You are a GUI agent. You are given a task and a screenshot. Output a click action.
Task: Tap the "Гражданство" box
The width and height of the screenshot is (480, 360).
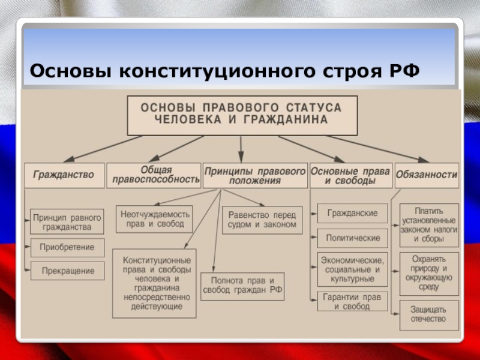tap(64, 175)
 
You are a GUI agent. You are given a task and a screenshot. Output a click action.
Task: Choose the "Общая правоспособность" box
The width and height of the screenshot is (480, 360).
tap(154, 175)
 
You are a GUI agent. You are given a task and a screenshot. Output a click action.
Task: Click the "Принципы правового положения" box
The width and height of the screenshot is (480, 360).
tap(255, 176)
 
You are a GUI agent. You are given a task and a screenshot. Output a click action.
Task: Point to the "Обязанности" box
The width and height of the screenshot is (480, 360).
tap(427, 175)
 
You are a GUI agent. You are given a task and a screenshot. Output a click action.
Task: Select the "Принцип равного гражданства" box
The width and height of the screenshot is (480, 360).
tap(67, 221)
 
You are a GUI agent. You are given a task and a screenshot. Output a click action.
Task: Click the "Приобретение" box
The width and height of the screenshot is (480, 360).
tap(67, 247)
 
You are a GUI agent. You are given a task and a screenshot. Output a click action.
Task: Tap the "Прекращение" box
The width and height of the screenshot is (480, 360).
tap(67, 271)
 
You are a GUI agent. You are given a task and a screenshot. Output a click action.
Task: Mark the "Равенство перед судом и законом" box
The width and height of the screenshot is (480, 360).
tap(262, 220)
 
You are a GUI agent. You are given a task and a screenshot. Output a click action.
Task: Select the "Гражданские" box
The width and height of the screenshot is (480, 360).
tap(352, 214)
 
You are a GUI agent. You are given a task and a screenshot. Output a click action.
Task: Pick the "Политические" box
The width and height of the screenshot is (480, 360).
tap(352, 238)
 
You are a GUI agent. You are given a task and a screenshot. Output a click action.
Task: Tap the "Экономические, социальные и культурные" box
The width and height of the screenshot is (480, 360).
tap(352, 269)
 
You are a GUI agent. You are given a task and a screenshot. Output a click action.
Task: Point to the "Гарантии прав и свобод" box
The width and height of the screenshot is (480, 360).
tap(352, 301)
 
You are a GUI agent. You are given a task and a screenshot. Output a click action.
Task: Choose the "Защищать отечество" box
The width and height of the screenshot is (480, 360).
tap(429, 314)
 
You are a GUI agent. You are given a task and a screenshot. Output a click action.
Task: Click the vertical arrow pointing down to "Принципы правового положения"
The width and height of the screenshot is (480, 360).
tap(241, 147)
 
